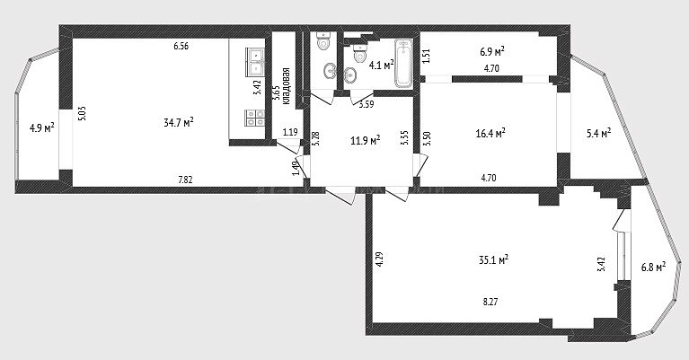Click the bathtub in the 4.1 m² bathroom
(x=404, y=63)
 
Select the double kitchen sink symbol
(x=255, y=62)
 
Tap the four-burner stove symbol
(x=255, y=118)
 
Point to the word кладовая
(x=287, y=86)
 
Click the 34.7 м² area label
(x=179, y=122)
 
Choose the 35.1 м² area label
(x=493, y=259)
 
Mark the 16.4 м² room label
(x=490, y=133)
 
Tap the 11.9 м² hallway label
(x=365, y=140)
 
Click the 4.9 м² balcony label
(x=41, y=127)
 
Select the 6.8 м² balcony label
(x=653, y=267)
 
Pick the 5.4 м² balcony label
(x=599, y=133)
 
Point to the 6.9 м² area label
(x=491, y=52)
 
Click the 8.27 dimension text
(x=490, y=302)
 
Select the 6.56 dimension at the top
(x=181, y=46)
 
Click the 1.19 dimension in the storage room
(x=290, y=131)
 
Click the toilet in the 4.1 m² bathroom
(x=360, y=53)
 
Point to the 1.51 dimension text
(x=426, y=57)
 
